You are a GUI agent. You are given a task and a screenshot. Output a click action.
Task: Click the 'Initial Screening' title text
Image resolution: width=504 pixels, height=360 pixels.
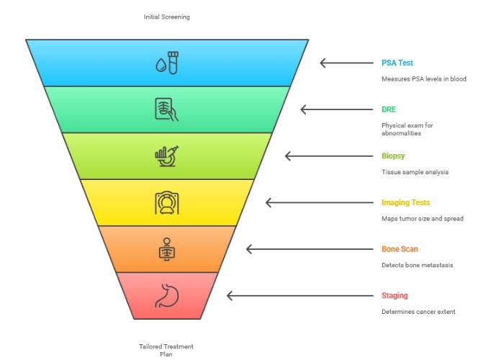click(166, 17)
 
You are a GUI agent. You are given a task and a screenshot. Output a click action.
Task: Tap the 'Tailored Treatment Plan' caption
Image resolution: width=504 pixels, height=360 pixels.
click(166, 350)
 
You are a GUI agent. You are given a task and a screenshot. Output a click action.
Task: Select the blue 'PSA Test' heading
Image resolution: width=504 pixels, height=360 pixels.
click(397, 63)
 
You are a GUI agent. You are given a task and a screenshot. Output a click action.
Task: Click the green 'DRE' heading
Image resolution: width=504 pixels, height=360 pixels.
click(389, 109)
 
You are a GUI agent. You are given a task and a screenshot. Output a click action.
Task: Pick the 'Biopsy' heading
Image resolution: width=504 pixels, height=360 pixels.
click(393, 156)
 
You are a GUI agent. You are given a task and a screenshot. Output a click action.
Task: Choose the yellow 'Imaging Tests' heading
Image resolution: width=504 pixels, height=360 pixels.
click(405, 202)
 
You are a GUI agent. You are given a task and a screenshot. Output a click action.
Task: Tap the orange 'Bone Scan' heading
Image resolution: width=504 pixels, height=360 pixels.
click(400, 249)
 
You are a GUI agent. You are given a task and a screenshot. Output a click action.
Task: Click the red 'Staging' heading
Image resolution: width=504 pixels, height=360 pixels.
click(395, 295)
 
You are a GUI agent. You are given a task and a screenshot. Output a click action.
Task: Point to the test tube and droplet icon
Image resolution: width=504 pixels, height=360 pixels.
click(166, 63)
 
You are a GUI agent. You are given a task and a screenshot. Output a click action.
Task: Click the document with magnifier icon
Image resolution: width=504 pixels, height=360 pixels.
click(166, 109)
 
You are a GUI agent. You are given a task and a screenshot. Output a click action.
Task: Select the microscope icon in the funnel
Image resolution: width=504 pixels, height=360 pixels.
click(166, 156)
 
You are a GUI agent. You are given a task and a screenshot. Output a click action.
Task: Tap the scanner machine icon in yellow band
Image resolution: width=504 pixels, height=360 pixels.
click(166, 202)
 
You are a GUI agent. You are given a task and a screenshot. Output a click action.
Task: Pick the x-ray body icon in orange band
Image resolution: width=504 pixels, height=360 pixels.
click(166, 249)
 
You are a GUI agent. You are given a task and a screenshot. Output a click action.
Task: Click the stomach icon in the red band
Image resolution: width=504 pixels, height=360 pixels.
click(166, 295)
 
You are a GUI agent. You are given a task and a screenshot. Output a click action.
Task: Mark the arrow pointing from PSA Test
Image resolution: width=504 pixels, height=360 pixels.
click(344, 63)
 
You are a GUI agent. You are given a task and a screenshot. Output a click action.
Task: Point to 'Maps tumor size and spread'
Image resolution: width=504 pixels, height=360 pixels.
click(423, 218)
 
